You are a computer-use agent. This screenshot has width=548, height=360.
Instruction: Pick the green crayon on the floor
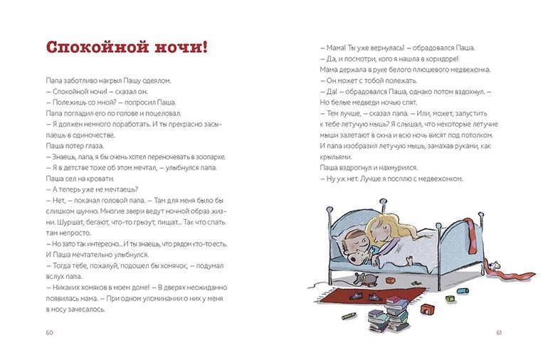349,313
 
